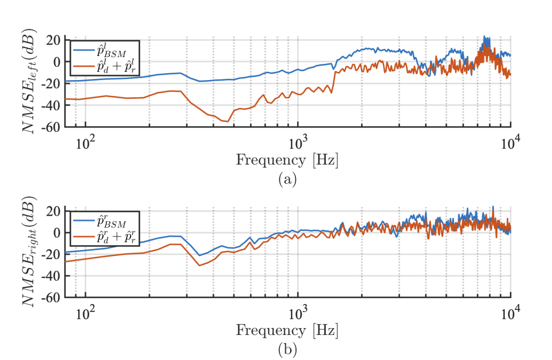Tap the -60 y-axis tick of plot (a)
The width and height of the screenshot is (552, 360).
click(x=52, y=127)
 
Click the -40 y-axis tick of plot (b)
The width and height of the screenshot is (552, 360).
click(x=52, y=276)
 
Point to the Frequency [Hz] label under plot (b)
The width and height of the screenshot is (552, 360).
click(x=287, y=331)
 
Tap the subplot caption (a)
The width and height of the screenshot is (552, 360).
click(x=288, y=180)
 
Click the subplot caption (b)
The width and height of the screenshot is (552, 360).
click(x=288, y=350)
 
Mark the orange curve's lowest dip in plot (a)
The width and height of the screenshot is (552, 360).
click(x=228, y=121)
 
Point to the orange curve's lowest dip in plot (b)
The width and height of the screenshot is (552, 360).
click(x=200, y=265)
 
